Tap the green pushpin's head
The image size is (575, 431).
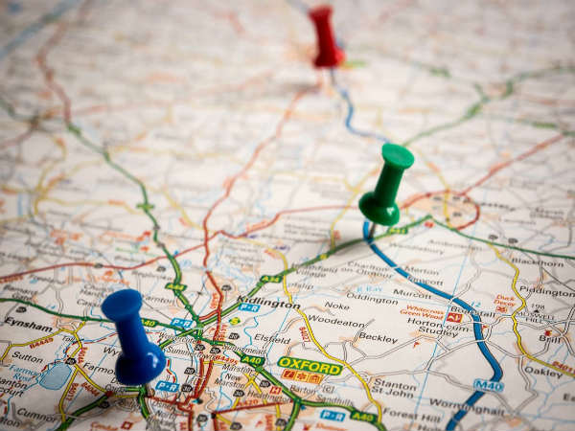(x=396, y=156)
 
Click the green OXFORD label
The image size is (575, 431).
(x=310, y=366)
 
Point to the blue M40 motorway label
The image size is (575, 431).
(x=489, y=386)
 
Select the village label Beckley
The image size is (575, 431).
(x=378, y=338)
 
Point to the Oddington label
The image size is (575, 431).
(x=372, y=298)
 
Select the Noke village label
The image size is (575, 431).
(x=336, y=306)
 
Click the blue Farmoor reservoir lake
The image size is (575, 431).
(x=55, y=375)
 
